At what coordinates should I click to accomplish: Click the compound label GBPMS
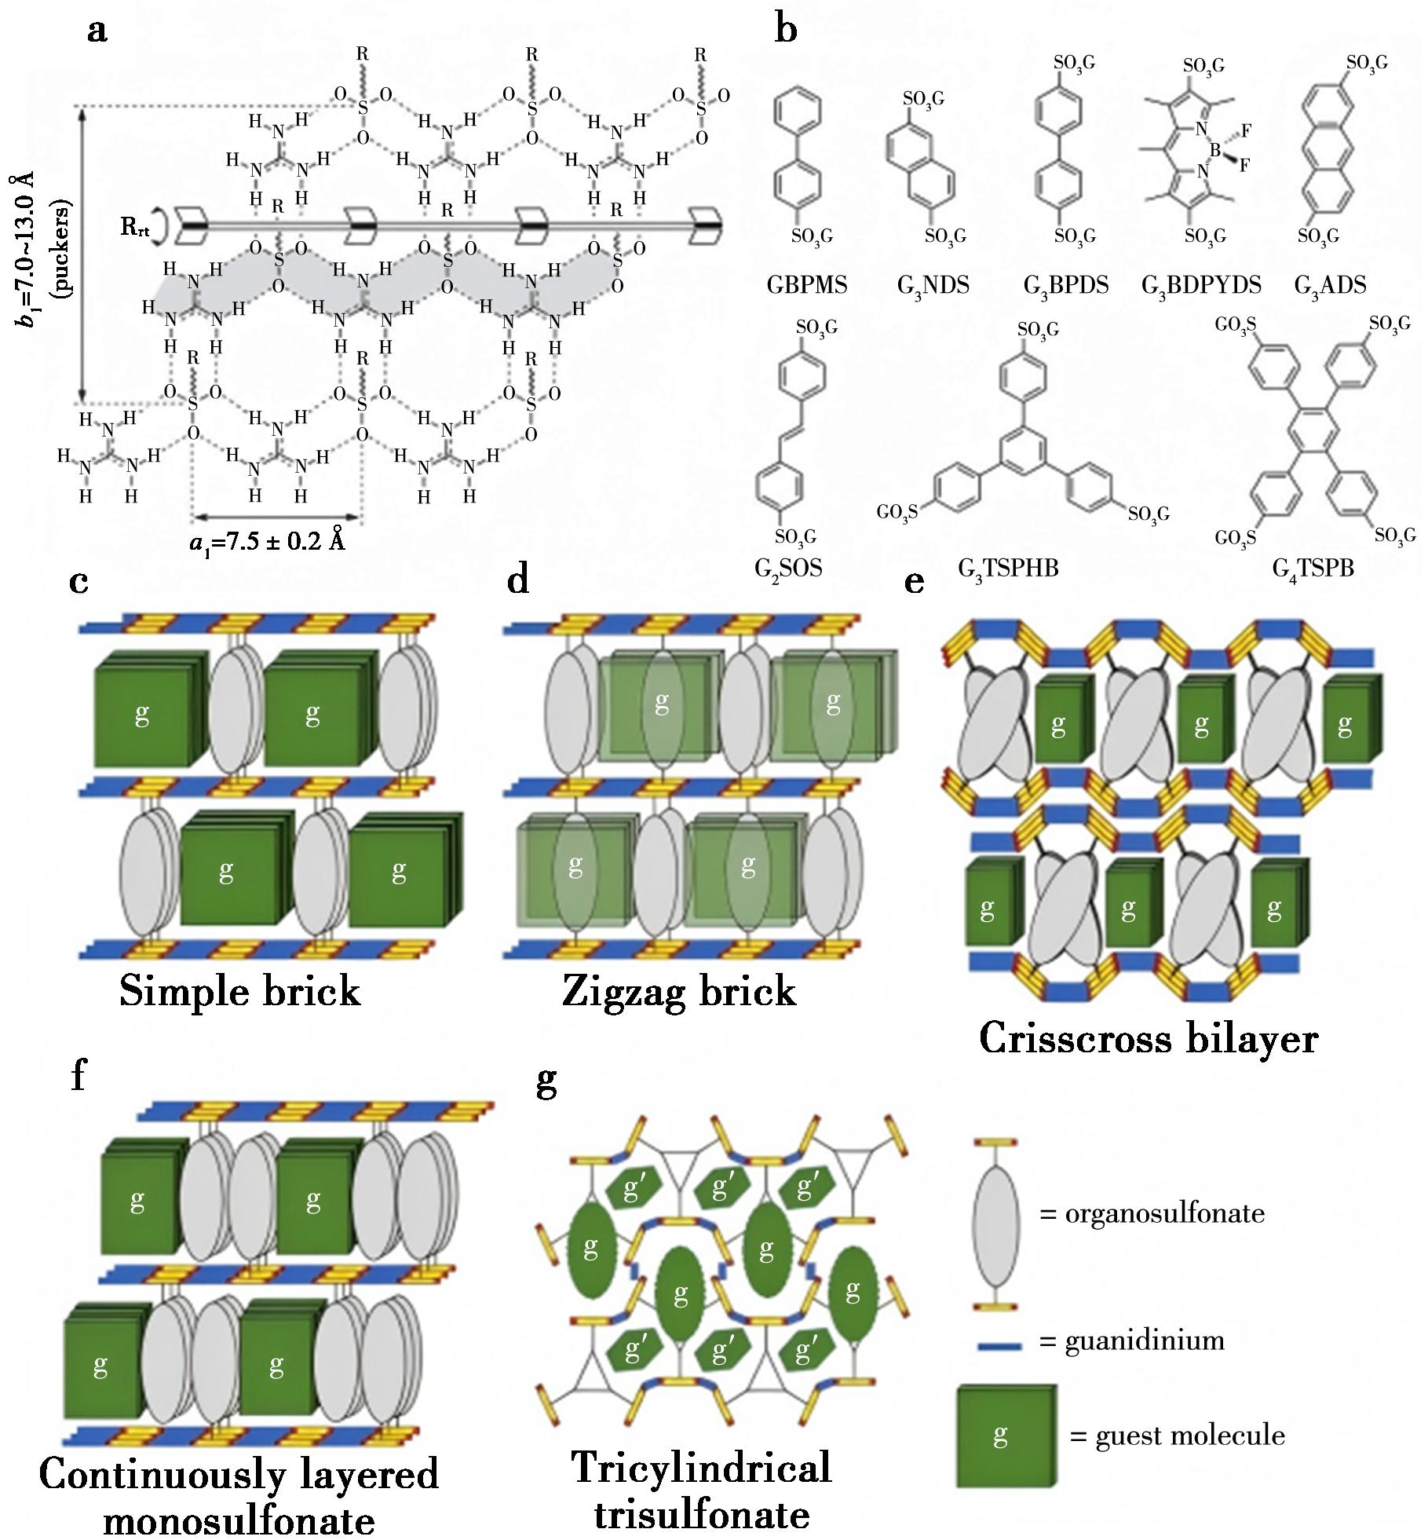(x=806, y=285)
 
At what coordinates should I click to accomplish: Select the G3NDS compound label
(x=933, y=285)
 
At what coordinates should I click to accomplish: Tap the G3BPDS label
(x=1065, y=285)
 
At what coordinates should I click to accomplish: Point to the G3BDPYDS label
(x=1200, y=285)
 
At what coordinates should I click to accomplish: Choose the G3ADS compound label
(x=1330, y=285)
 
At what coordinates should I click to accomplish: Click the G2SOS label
(x=787, y=567)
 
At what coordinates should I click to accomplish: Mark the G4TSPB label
(x=1313, y=567)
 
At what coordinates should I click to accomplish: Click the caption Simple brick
(x=239, y=992)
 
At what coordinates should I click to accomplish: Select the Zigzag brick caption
(x=679, y=992)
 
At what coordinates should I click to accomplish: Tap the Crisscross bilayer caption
(x=1148, y=1039)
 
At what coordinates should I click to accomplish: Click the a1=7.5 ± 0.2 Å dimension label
(x=268, y=542)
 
